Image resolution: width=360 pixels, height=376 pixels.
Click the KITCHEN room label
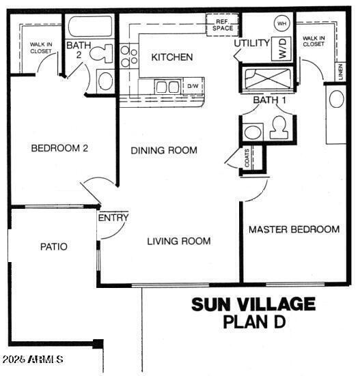[171, 57]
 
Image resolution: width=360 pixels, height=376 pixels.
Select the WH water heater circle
[281, 23]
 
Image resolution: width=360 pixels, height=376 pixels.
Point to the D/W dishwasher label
[193, 87]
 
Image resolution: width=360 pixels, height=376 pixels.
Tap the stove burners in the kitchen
[127, 57]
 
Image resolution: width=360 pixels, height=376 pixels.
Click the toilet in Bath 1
[278, 127]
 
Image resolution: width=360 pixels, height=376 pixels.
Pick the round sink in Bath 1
[253, 131]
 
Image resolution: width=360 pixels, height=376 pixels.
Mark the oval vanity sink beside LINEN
[336, 99]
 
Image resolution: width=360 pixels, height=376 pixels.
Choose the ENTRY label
[113, 218]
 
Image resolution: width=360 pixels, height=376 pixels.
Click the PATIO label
[53, 246]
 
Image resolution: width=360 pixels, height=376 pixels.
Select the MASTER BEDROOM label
[293, 229]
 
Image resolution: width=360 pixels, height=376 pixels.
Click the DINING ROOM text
[164, 150]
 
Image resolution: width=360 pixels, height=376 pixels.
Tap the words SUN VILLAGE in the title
[253, 304]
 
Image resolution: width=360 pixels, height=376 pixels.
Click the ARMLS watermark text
[34, 359]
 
